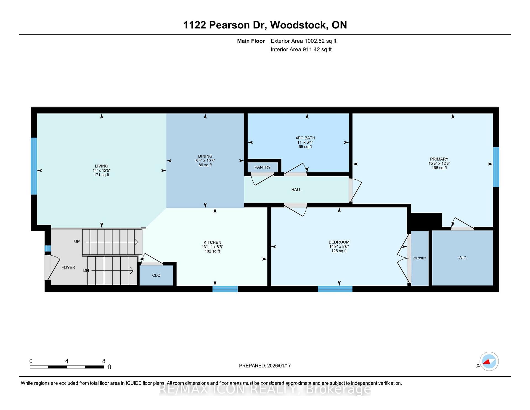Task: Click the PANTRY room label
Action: pos(263,167)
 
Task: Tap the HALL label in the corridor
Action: pos(296,190)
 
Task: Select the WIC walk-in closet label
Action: pos(462,258)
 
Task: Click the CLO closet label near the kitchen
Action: pos(156,275)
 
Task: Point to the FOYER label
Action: pos(68,267)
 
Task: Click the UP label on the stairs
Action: pos(77,241)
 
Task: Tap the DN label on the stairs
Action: pos(86,270)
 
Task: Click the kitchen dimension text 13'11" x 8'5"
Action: pos(212,247)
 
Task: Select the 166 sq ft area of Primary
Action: pos(439,168)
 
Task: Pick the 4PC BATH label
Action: pos(305,138)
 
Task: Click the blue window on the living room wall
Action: pos(34,166)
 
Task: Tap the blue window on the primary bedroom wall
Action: pos(496,167)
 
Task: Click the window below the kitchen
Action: pos(225,289)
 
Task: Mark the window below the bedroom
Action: pos(335,289)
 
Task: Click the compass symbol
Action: pos(489,361)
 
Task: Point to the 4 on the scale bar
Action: pos(67,361)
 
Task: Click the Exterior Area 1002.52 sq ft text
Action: pos(303,41)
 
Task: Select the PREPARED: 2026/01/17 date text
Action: pos(265,366)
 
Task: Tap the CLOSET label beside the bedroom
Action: pos(420,258)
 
